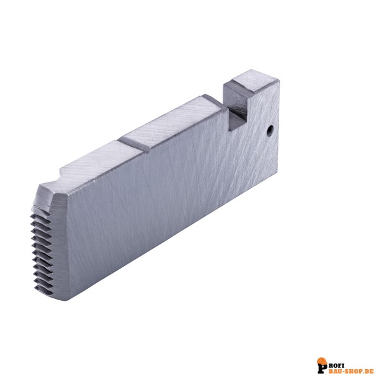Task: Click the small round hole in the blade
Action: (x=270, y=131)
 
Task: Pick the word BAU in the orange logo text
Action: (x=332, y=371)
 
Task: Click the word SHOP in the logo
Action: (x=349, y=371)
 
